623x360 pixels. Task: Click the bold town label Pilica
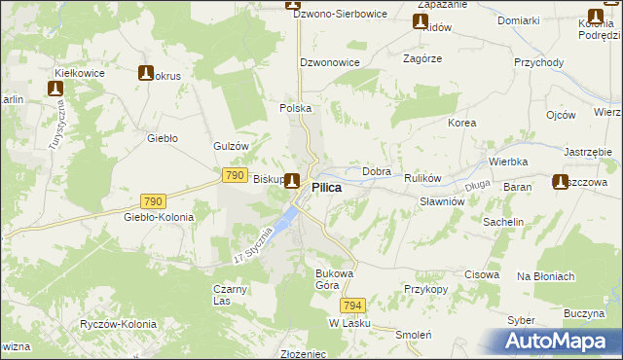[326, 187]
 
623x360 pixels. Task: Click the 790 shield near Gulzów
[234, 174]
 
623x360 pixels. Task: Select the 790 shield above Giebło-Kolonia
[152, 201]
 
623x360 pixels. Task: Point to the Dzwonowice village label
[330, 61]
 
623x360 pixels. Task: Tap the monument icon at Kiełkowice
[55, 89]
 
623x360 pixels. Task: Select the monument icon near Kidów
[421, 21]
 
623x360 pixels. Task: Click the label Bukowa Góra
[333, 279]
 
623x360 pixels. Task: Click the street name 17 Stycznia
[253, 250]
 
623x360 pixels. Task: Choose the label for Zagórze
[422, 58]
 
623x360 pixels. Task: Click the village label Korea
[461, 124]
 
